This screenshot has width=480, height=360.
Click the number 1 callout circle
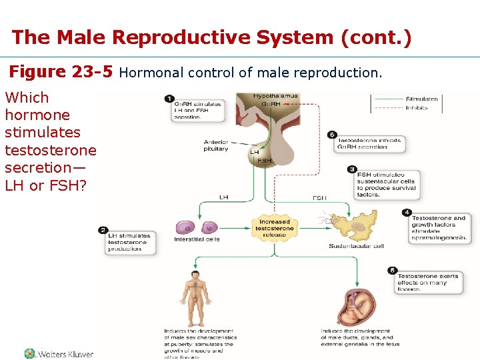[170, 99]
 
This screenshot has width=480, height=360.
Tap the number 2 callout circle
[103, 230]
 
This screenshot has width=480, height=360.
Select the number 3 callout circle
[352, 169]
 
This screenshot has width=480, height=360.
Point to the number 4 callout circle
[407, 213]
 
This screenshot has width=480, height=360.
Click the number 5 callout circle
[393, 271]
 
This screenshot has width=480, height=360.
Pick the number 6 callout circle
[333, 135]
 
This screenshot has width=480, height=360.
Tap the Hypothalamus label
[275, 97]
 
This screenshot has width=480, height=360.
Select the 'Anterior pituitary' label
[216, 145]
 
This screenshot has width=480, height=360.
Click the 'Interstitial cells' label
[197, 239]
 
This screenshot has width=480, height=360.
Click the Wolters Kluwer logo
[59, 354]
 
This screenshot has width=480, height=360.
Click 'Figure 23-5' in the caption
[61, 71]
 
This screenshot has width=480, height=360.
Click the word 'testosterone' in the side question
[50, 150]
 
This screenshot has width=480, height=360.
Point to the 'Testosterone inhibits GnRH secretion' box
[369, 144]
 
